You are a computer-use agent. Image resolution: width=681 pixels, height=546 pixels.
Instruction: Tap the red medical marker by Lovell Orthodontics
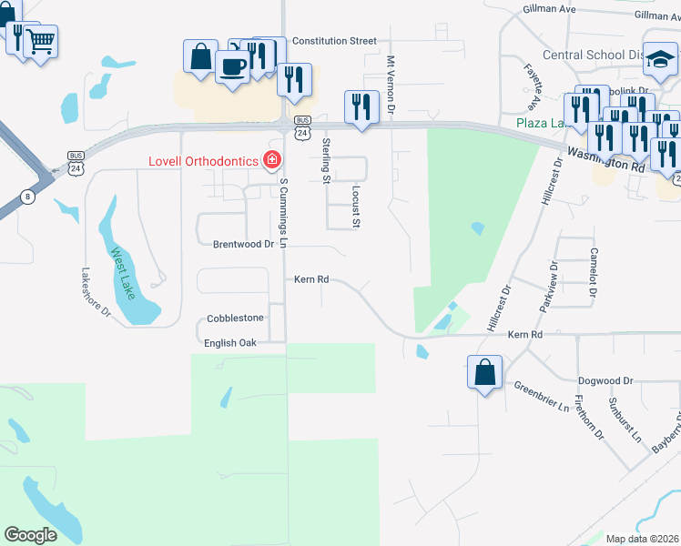(x=271, y=161)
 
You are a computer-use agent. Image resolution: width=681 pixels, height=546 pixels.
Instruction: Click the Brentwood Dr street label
(x=243, y=245)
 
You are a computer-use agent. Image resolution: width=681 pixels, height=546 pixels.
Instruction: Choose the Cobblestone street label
(x=235, y=318)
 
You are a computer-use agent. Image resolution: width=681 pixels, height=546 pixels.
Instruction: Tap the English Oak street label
(x=231, y=343)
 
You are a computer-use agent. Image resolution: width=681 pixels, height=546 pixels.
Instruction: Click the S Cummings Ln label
(x=284, y=212)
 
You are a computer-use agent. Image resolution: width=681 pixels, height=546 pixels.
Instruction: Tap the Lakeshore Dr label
(x=95, y=292)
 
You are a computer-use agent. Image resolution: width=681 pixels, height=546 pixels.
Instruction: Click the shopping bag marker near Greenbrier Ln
(x=485, y=372)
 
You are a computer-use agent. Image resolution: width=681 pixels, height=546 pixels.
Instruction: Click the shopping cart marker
(x=40, y=41)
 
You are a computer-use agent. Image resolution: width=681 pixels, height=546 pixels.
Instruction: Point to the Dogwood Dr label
(x=605, y=381)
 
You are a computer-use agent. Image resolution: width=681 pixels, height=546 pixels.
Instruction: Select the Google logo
(x=31, y=535)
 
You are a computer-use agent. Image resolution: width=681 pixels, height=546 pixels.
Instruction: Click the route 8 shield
(x=28, y=197)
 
